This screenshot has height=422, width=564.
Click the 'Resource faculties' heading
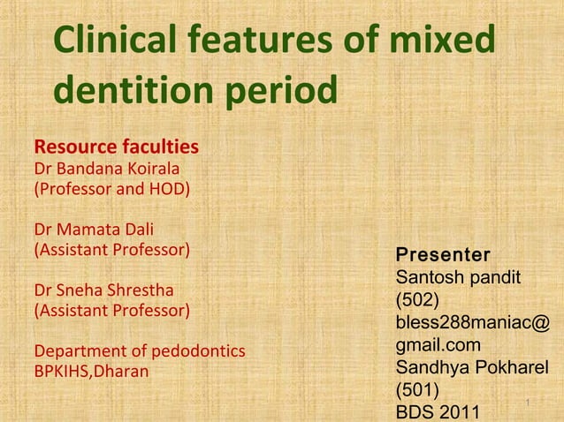pyautogui.click(x=115, y=146)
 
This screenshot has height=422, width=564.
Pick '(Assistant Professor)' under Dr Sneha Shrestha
pyautogui.click(x=111, y=310)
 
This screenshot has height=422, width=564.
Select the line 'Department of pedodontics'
pyautogui.click(x=139, y=350)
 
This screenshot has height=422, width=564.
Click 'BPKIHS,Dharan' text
pyautogui.click(x=91, y=371)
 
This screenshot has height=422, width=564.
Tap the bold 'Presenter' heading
pyautogui.click(x=442, y=255)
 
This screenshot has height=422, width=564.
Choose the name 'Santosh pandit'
pyautogui.click(x=456, y=278)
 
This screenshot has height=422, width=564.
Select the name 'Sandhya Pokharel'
pyautogui.click(x=472, y=367)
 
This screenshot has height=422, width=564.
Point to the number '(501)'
pyautogui.click(x=415, y=389)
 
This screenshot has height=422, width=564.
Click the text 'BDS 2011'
pyautogui.click(x=438, y=411)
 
